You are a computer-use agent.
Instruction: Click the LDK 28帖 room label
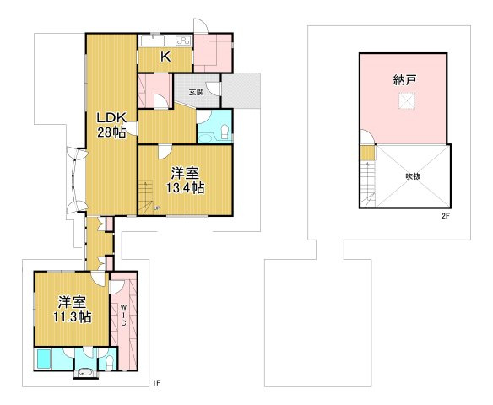111,125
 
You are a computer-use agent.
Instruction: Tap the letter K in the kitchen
165,57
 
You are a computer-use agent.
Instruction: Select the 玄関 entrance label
196,92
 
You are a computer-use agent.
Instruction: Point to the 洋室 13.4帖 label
185,181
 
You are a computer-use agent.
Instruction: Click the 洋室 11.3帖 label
73,310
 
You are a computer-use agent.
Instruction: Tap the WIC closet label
123,314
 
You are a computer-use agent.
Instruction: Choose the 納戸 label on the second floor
404,80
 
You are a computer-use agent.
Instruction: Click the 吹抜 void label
413,176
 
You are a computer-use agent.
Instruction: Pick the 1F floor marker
156,383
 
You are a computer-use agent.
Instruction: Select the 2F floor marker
446,216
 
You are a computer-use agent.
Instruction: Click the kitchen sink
153,41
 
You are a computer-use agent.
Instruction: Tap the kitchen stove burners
184,40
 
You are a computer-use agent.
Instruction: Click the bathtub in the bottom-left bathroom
44,359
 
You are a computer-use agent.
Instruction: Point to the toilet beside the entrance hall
225,132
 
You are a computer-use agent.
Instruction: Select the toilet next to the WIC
110,363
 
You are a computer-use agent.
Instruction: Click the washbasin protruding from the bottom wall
85,373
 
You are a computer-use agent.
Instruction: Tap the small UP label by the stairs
156,208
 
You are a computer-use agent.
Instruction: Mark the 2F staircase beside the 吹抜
367,185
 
